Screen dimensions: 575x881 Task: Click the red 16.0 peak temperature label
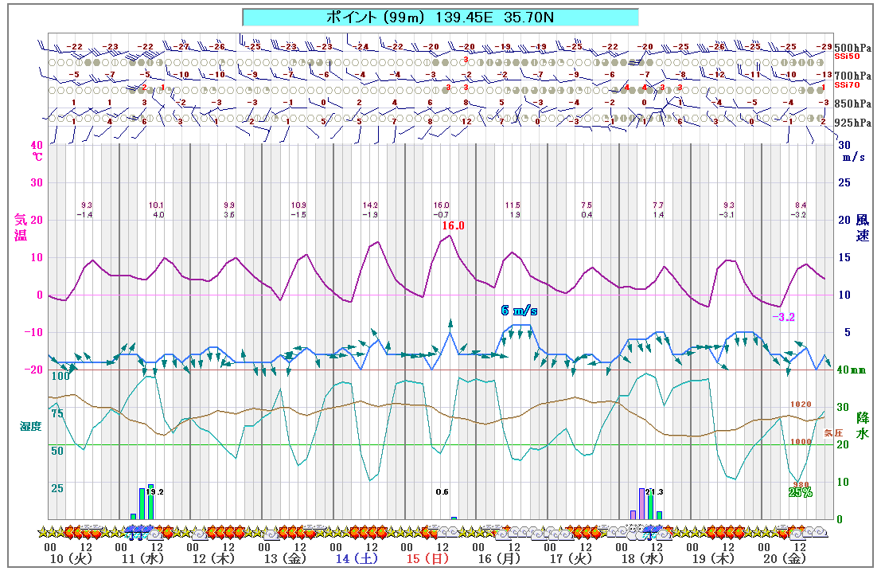pos(453,226)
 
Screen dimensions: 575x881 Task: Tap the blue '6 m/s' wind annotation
pos(519,311)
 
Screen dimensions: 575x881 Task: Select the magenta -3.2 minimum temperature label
pos(783,317)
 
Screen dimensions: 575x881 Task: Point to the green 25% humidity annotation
pos(800,492)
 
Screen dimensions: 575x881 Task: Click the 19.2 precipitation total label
pos(155,492)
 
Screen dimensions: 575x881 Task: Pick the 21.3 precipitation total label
pos(654,491)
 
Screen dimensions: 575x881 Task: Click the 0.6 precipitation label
pos(442,491)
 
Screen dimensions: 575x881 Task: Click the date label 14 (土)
pos(352,560)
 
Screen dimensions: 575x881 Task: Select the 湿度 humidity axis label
pos(30,427)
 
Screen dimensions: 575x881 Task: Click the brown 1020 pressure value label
pos(800,405)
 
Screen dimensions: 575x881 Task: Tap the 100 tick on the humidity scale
pos(60,376)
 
